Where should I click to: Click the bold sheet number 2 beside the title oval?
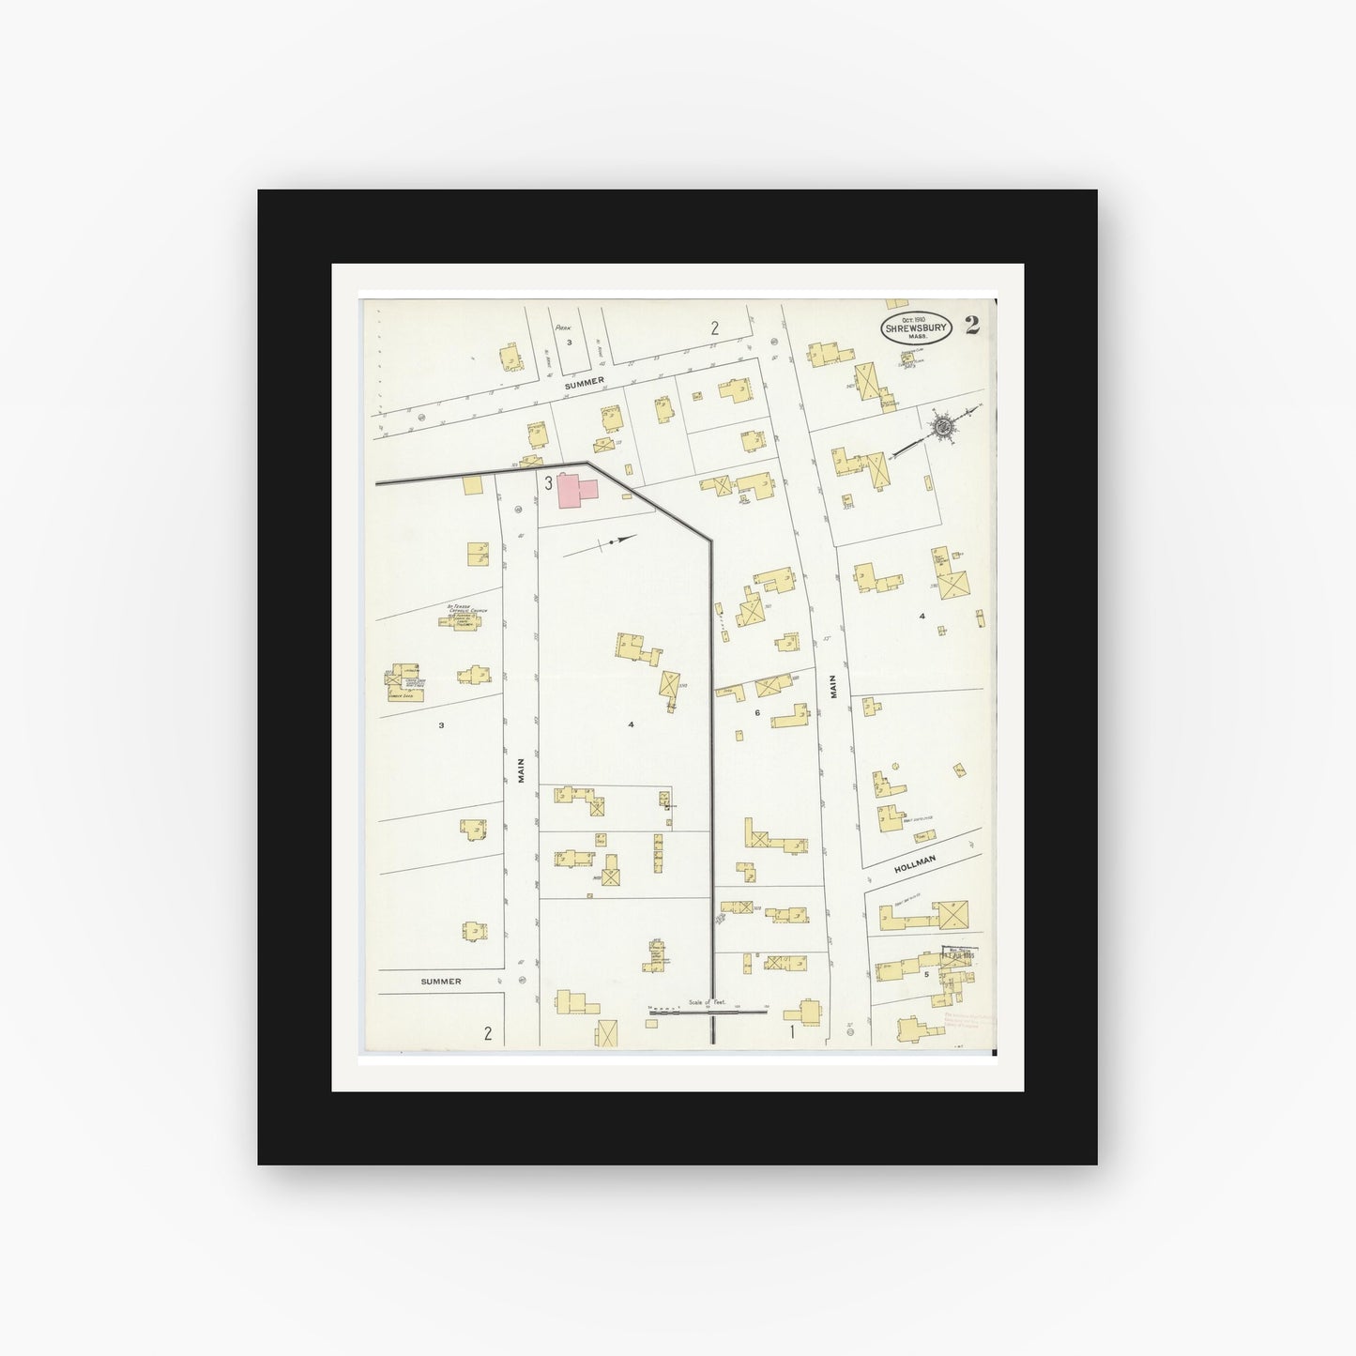pyautogui.click(x=971, y=326)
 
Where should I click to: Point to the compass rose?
pyautogui.click(x=942, y=428)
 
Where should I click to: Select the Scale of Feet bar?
pyautogui.click(x=708, y=1010)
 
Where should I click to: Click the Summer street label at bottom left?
pyautogui.click(x=440, y=982)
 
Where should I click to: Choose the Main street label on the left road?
pyautogui.click(x=522, y=770)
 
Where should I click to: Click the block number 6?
pyautogui.click(x=756, y=713)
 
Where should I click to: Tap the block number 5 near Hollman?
pyautogui.click(x=926, y=974)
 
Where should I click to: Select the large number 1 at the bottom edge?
pyautogui.click(x=792, y=1033)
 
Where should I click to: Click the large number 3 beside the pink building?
pyautogui.click(x=548, y=484)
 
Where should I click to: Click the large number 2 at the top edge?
pyautogui.click(x=714, y=328)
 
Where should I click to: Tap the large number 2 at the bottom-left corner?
pyautogui.click(x=488, y=1034)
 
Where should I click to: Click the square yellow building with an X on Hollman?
pyautogui.click(x=954, y=913)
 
